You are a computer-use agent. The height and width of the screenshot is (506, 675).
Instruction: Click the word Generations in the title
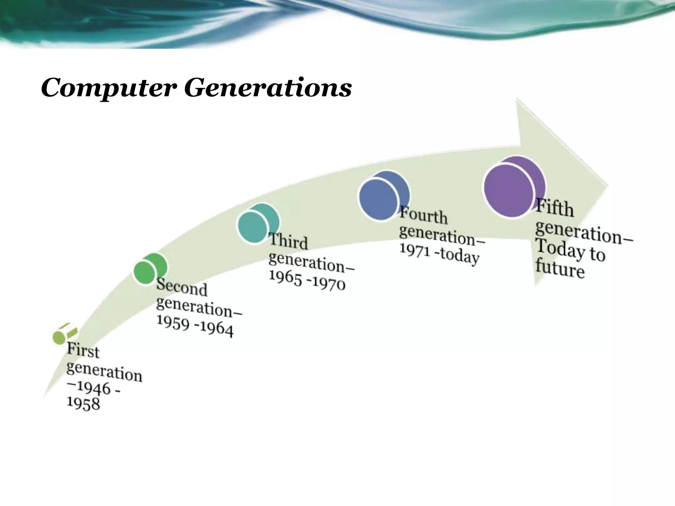268,88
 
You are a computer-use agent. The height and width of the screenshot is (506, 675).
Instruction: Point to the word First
83,351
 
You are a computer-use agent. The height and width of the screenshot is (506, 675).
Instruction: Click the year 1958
83,404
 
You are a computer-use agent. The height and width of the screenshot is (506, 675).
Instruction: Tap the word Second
182,288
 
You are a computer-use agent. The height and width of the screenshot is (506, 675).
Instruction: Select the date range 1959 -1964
195,326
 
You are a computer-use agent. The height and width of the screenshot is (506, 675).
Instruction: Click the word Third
288,241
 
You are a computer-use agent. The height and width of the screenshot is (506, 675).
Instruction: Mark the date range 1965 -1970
307,280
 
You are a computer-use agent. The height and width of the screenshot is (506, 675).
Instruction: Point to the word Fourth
424,215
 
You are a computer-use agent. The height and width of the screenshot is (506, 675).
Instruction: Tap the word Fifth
555,208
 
